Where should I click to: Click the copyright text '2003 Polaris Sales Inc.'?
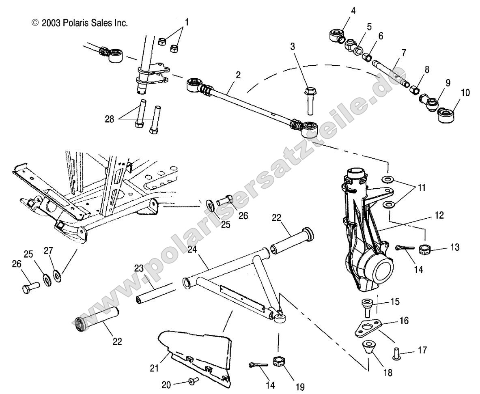point(80,23)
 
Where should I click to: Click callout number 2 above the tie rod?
point(238,75)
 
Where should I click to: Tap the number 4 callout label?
point(353,11)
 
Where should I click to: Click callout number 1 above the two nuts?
point(187,22)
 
